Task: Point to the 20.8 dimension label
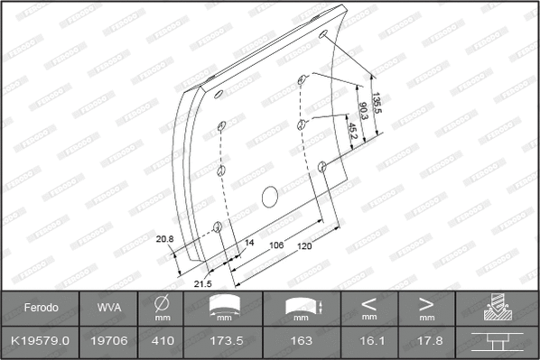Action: (x=164, y=238)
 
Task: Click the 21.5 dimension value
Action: (x=203, y=283)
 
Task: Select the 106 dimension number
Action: (x=276, y=245)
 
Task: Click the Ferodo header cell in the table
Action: (x=41, y=308)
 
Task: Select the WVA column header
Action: (x=108, y=308)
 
